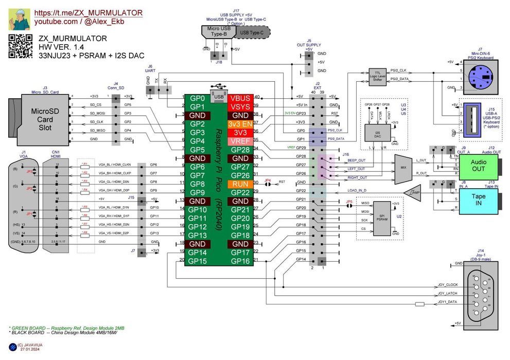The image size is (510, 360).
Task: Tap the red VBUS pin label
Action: (x=241, y=98)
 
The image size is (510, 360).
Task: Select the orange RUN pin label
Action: (x=241, y=184)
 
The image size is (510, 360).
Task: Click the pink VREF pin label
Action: (x=241, y=141)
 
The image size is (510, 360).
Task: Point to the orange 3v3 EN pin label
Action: (x=241, y=123)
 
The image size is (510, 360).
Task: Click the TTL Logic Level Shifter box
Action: (x=377, y=76)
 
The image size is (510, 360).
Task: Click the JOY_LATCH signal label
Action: (x=447, y=294)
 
